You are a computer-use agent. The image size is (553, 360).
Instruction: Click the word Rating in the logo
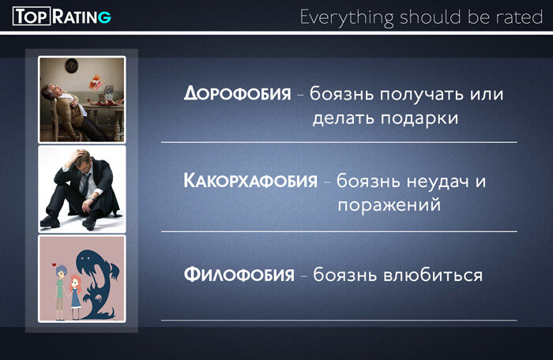81,16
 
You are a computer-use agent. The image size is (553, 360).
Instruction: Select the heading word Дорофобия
237,94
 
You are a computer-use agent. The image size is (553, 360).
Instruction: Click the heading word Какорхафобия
250,181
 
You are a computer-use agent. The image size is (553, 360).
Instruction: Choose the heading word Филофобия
239,276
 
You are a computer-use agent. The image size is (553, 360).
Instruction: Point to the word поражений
389,204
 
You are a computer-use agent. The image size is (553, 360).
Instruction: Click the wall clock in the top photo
71,65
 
